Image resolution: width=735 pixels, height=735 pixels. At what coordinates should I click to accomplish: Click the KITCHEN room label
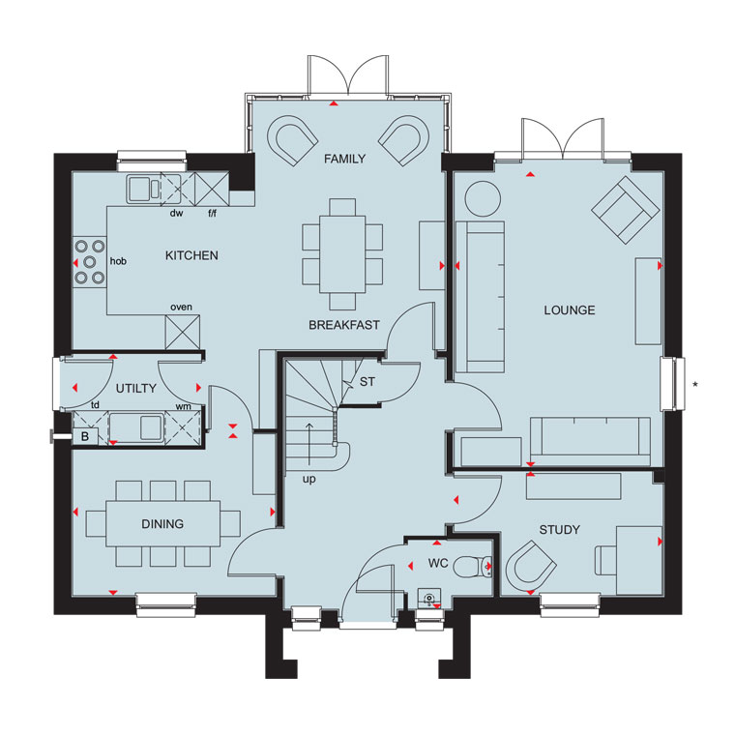click(191, 255)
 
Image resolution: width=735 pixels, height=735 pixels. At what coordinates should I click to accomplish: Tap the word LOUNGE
click(570, 309)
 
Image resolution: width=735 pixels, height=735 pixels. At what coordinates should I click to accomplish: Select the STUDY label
click(560, 530)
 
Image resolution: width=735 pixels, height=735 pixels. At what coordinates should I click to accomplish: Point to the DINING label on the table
click(162, 523)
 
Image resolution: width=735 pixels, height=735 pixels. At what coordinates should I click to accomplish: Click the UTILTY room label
click(136, 388)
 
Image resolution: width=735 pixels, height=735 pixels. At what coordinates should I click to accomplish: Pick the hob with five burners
click(90, 262)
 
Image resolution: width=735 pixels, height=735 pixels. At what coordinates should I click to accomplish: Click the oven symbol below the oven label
click(183, 332)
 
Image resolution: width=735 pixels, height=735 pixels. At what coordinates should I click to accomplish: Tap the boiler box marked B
click(85, 436)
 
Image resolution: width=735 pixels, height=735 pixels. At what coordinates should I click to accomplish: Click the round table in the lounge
click(483, 199)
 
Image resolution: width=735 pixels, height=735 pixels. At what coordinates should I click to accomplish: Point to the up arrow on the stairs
click(309, 444)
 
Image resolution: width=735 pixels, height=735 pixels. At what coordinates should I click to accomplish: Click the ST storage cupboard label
click(367, 382)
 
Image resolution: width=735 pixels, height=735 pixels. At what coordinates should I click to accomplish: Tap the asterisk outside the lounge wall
click(695, 385)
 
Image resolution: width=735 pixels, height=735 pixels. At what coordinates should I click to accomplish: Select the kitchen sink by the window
click(144, 189)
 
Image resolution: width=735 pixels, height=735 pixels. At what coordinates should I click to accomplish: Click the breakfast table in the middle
click(342, 254)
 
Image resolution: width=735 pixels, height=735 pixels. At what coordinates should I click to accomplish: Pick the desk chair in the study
click(605, 560)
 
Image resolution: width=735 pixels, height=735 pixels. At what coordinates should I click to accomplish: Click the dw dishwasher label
click(176, 214)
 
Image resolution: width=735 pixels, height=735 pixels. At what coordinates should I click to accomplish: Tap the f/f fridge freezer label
click(213, 214)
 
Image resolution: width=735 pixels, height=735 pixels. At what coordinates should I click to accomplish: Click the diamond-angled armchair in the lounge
click(626, 210)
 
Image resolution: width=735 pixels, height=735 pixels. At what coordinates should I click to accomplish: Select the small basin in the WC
click(429, 598)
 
